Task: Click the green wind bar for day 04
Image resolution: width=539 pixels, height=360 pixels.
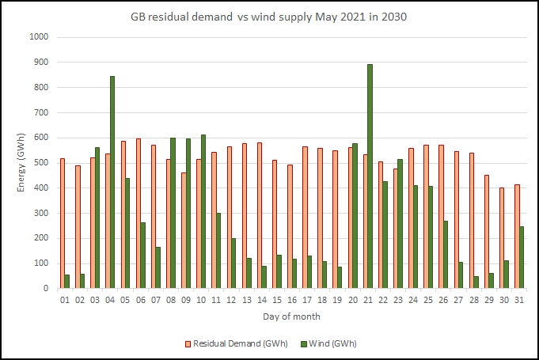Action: pos(112,182)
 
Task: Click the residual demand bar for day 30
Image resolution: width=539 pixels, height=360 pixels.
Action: pos(502,238)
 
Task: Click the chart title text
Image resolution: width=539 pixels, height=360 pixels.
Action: pos(269,17)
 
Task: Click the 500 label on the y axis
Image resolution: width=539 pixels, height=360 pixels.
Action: pos(40,163)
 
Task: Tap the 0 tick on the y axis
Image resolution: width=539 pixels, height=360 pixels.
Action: pos(46,289)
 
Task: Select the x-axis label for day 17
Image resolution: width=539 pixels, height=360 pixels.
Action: pos(306,300)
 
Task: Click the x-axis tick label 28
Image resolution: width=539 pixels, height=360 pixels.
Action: pos(473,300)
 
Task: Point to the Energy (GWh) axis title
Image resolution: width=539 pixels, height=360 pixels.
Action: pos(21,162)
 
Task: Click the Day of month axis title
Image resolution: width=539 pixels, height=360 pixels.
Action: pos(291,316)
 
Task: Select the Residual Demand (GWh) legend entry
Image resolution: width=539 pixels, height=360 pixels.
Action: pos(235,343)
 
